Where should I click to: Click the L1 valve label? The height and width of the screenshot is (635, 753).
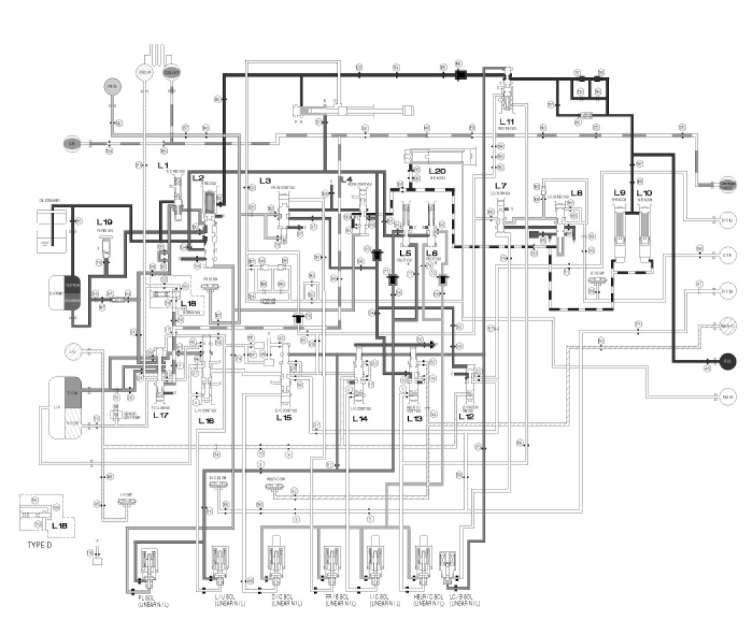point(163,165)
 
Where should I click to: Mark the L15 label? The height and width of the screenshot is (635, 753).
point(283,417)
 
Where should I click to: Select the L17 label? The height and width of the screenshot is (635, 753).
point(160,416)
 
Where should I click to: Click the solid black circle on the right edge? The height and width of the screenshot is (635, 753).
point(727,361)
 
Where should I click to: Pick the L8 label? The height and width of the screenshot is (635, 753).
point(577,194)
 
